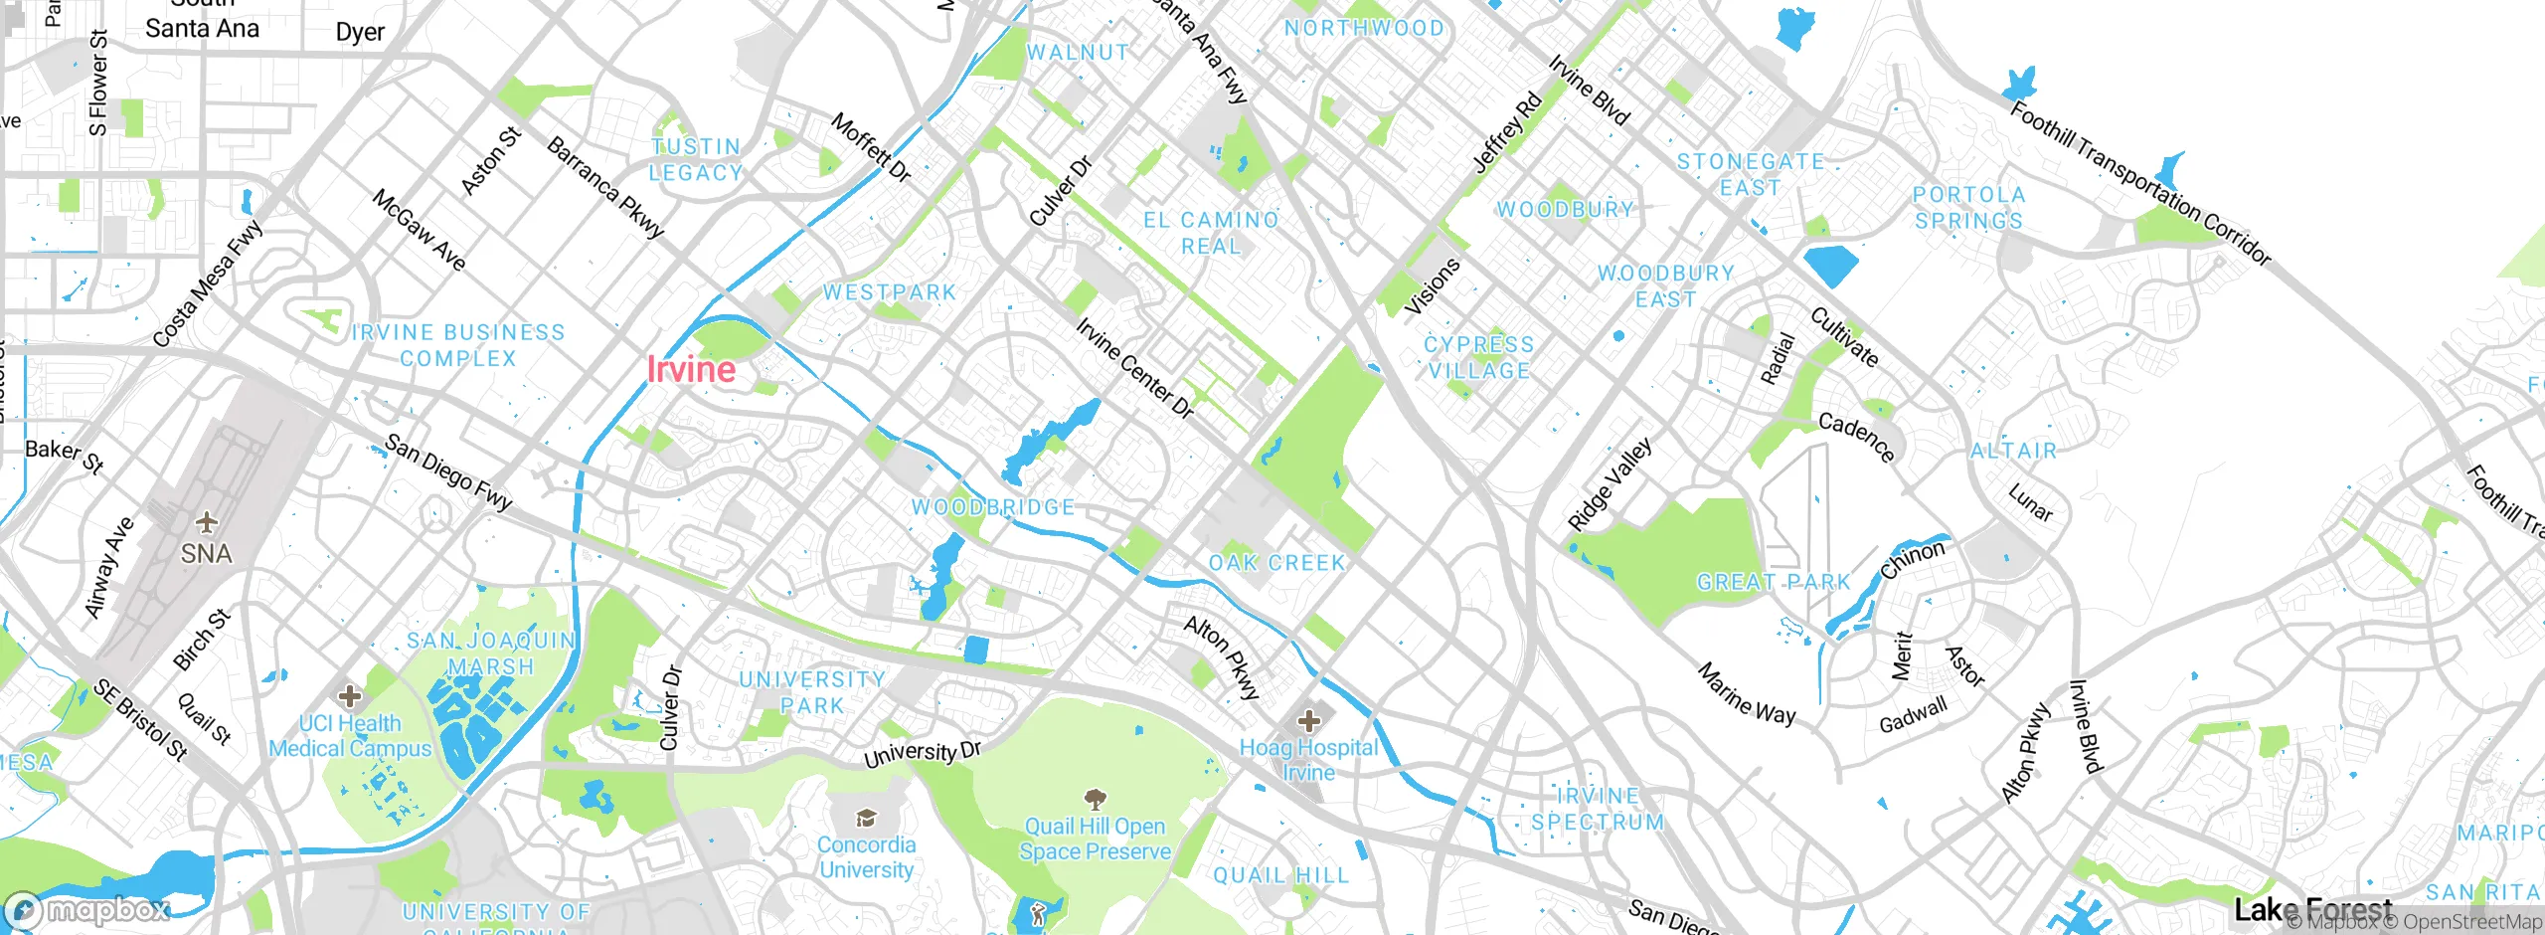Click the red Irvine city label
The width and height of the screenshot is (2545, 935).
(691, 370)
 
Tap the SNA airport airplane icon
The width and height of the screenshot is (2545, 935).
(206, 522)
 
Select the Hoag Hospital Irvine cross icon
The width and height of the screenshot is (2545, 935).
(1308, 720)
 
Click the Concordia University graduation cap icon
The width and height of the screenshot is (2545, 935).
(866, 818)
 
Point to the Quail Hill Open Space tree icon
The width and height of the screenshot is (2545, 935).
(1095, 799)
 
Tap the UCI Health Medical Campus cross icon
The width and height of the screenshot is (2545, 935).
(349, 695)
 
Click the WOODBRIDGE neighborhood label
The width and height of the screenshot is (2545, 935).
(993, 507)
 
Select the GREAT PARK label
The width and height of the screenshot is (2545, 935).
(1774, 582)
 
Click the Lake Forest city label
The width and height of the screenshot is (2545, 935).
(2312, 908)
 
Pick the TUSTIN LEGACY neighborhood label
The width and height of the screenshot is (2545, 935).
(696, 160)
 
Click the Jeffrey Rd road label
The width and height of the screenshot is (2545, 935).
(1507, 132)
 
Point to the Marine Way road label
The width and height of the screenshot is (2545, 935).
(1747, 694)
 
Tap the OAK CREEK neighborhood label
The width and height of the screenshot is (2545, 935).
(1276, 563)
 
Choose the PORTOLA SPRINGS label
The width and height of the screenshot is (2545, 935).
(1968, 208)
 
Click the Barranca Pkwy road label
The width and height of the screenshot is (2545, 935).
(605, 188)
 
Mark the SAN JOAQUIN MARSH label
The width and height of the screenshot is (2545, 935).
(491, 654)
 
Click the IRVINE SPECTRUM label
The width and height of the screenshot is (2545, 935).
(1598, 809)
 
